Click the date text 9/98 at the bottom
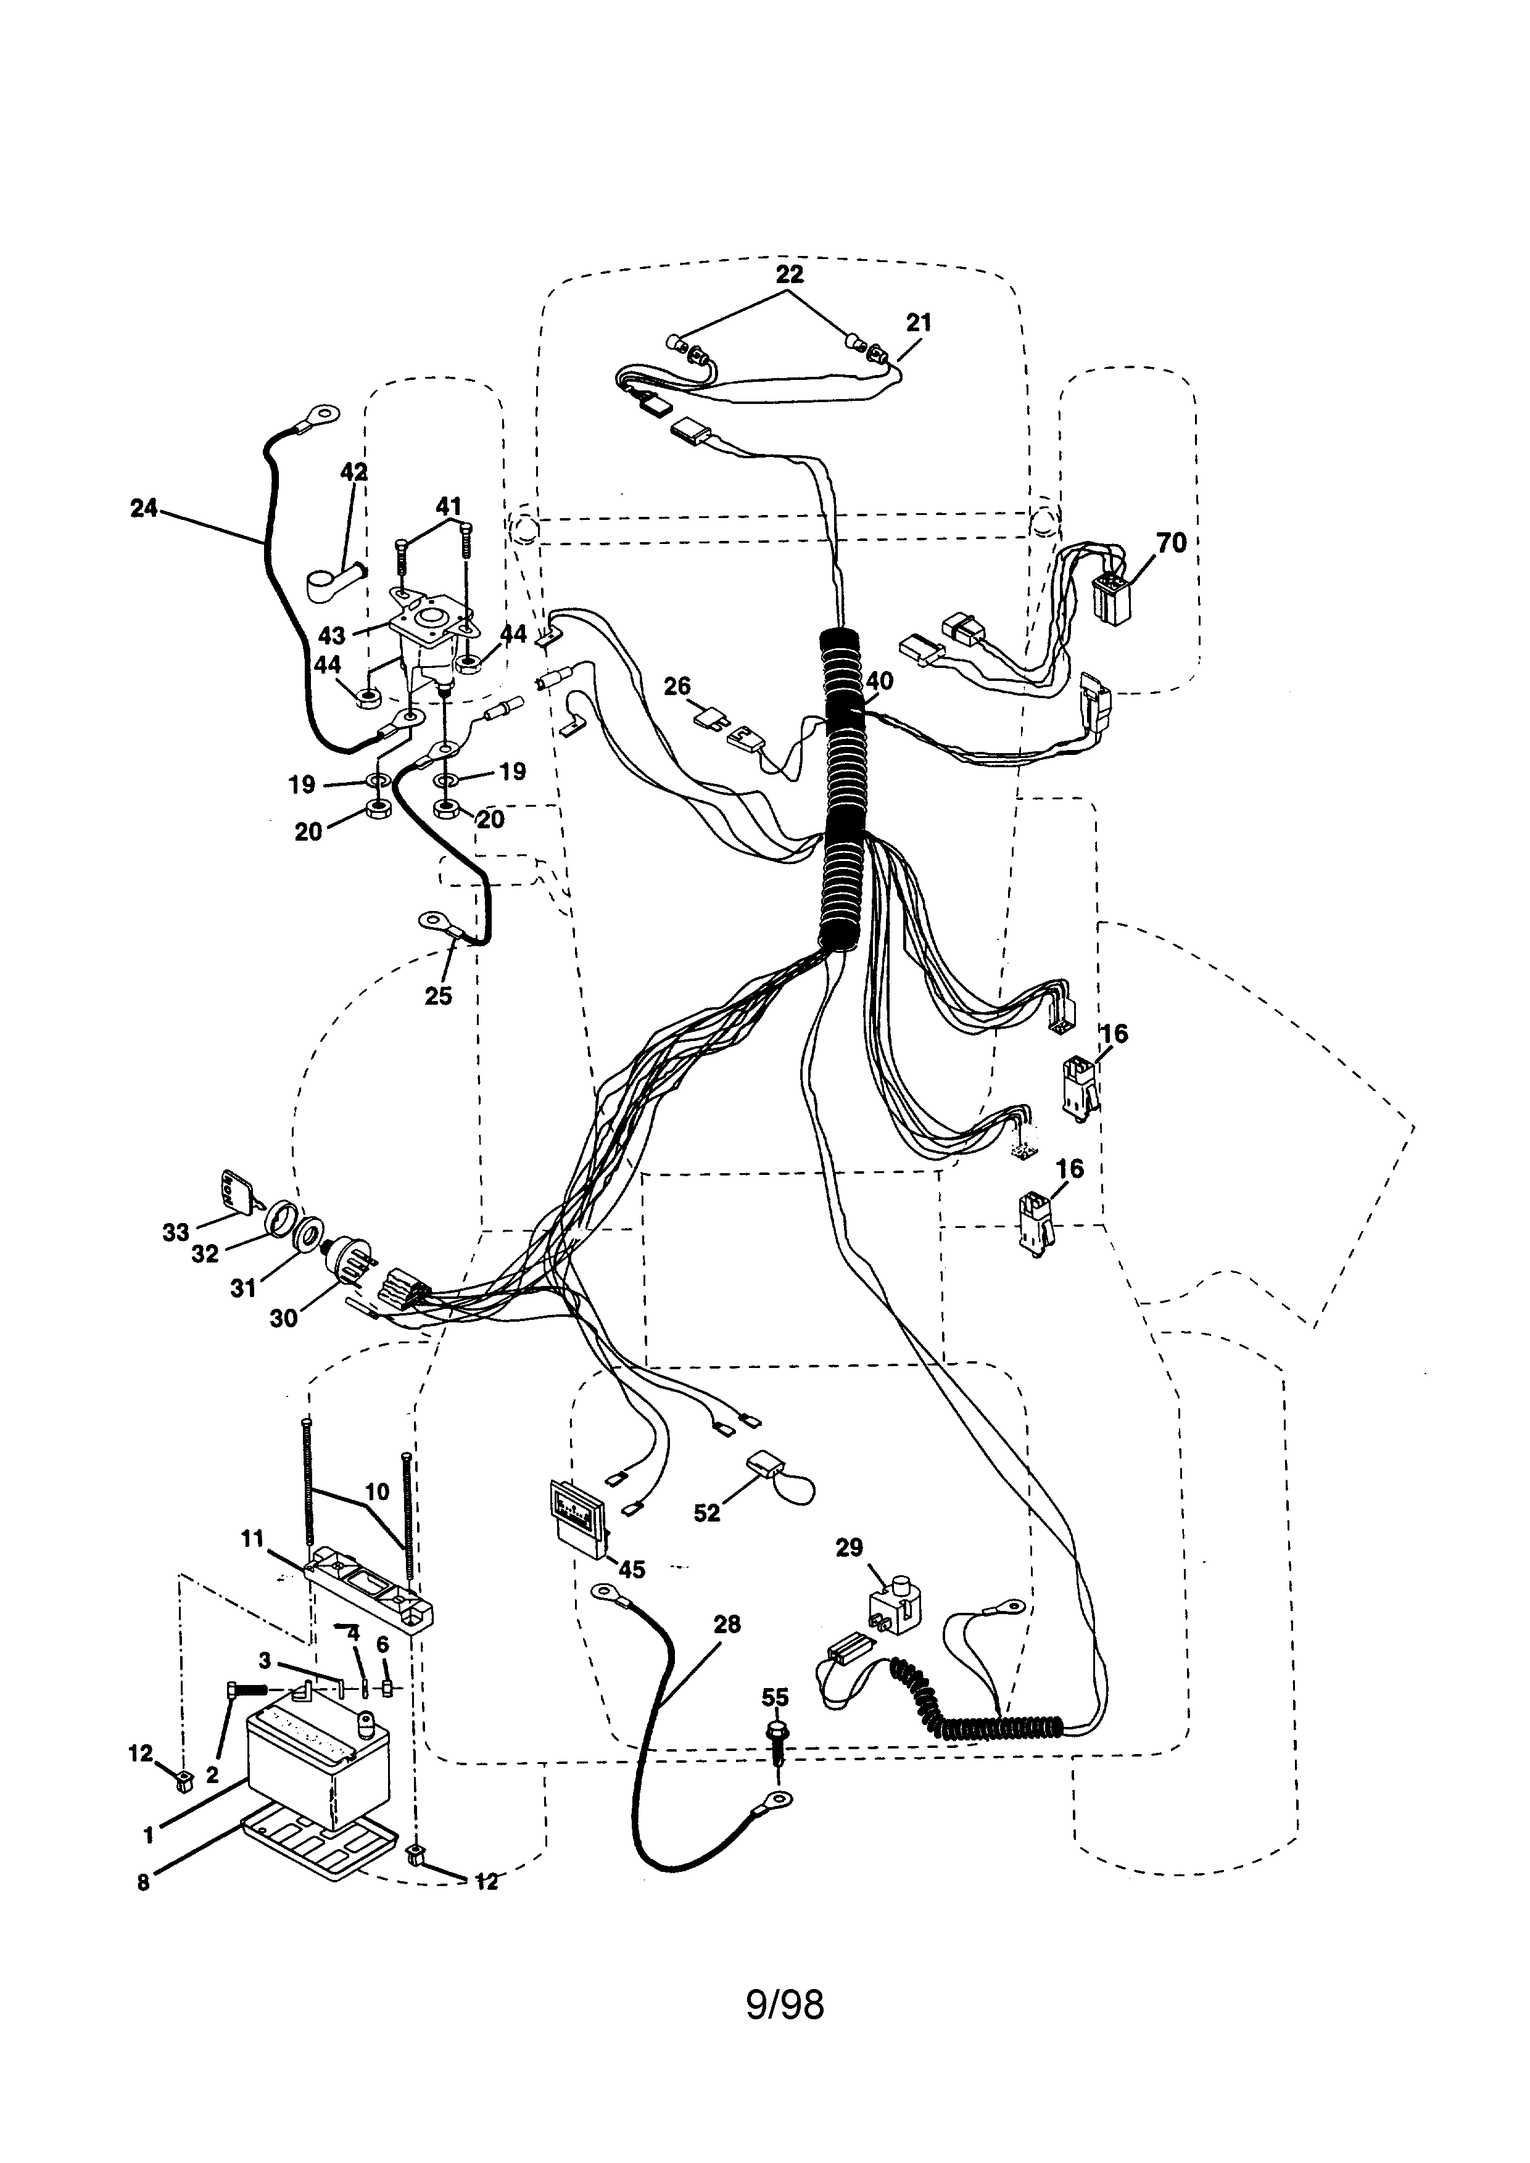784,2031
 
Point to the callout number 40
879,680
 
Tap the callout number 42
354,472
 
